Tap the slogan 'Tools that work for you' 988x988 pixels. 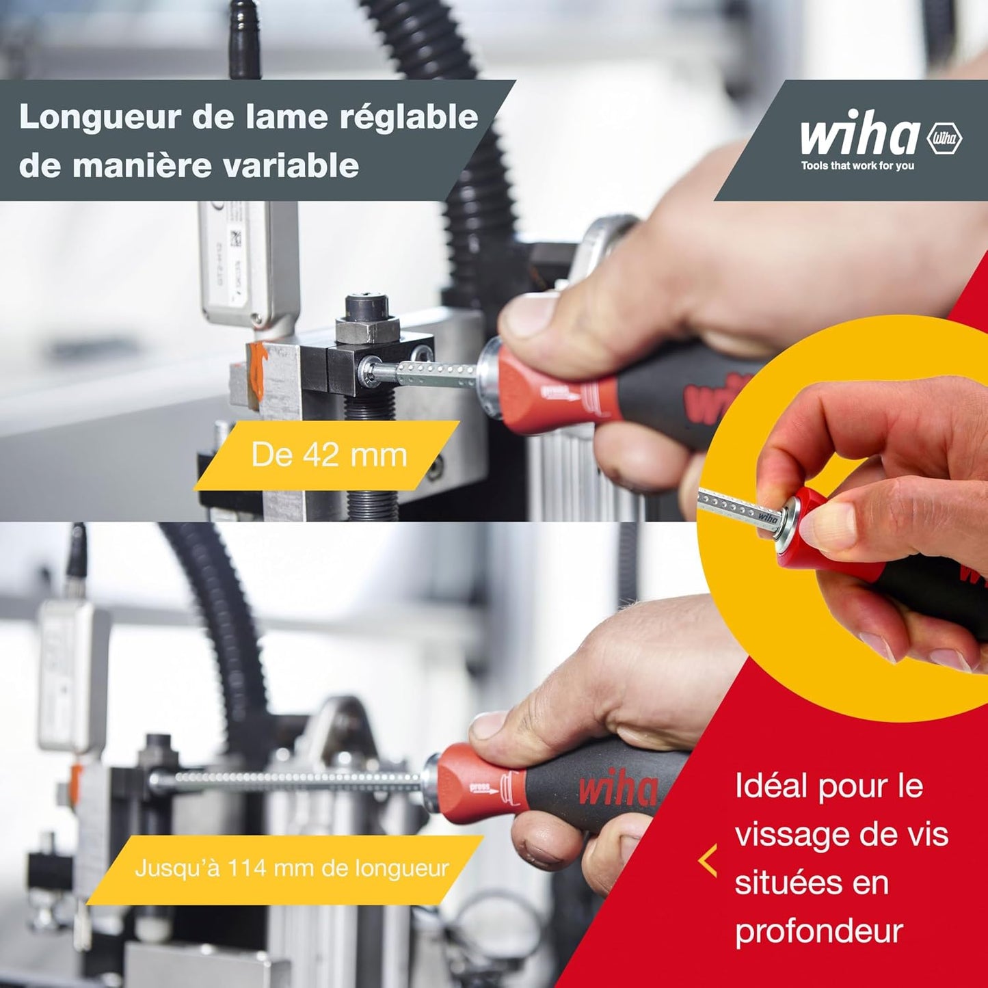tap(857, 165)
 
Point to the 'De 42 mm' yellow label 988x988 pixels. tap(327, 455)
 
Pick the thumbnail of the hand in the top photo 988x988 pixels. tap(527, 317)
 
